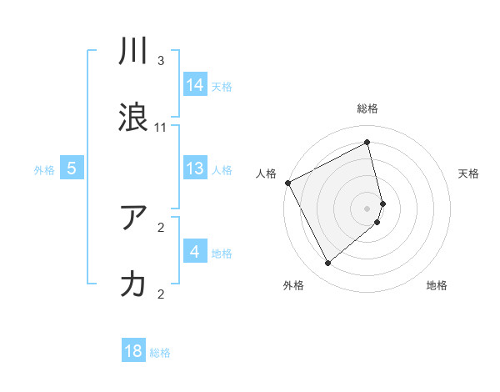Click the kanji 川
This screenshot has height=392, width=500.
pos(134,53)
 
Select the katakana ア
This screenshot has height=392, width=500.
pos(134,219)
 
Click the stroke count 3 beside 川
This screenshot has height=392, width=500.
pos(161,61)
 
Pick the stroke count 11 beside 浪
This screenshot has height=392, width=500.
pos(161,128)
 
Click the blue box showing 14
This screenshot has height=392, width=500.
pos(195,85)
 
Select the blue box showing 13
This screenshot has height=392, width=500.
pos(195,168)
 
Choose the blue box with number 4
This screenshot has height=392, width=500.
pos(195,252)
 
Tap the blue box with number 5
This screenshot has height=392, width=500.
pos(72,168)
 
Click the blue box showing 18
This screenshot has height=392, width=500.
pos(133,351)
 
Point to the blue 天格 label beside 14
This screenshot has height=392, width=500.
pos(222,86)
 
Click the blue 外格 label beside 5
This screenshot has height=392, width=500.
pos(44,169)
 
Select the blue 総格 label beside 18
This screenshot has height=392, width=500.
pos(160,352)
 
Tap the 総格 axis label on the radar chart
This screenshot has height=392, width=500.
pos(367,108)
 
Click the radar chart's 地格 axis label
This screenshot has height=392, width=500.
pos(437,286)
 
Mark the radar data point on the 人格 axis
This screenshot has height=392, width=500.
pos(287,183)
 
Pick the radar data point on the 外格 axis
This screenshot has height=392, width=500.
pos(327,264)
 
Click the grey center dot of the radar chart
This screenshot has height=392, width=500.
pos(367,208)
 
